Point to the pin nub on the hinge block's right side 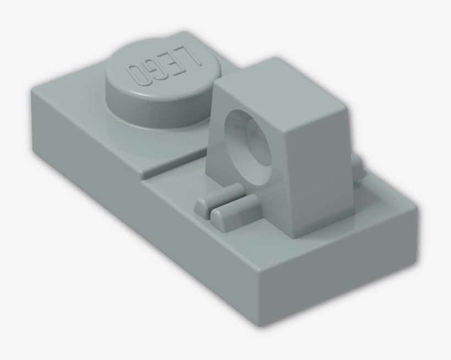pyautogui.click(x=358, y=168)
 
